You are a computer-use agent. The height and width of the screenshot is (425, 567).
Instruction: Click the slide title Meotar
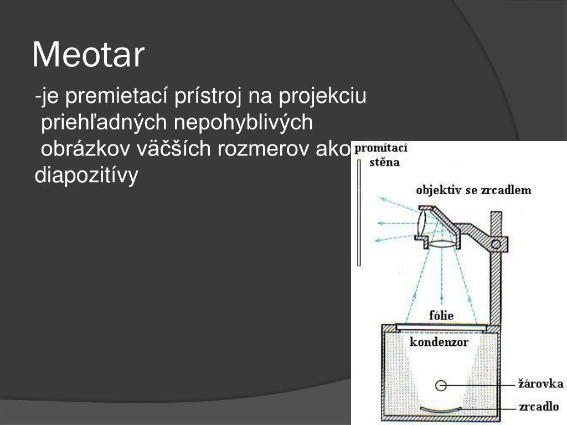click(89, 55)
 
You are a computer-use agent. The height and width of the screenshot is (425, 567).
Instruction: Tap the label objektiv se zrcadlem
click(473, 190)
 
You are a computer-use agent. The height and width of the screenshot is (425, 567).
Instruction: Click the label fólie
click(441, 315)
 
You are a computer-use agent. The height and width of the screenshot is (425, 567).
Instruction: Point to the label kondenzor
click(439, 342)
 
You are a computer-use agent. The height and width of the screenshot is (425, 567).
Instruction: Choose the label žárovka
click(540, 383)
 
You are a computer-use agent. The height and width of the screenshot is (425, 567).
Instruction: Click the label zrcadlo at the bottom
click(539, 407)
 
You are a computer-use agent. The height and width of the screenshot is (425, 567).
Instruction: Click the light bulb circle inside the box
click(441, 385)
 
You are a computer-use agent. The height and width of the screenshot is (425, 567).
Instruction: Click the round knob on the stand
click(497, 242)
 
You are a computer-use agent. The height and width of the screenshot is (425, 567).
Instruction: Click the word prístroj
click(209, 97)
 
